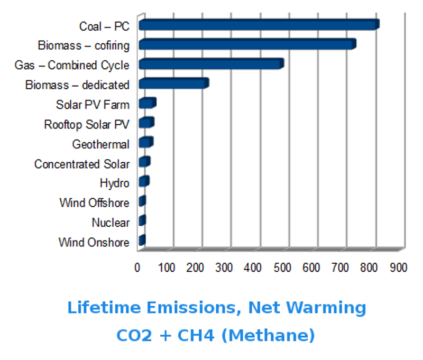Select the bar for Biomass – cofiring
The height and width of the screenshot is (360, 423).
click(247, 44)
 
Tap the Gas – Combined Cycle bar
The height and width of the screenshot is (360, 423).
click(211, 64)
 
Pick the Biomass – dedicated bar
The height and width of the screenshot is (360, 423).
click(173, 84)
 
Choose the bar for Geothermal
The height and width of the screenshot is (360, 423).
click(145, 143)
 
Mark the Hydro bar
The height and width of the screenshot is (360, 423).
click(143, 182)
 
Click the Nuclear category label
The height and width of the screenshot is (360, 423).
click(110, 223)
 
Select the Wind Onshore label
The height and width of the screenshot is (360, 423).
click(94, 243)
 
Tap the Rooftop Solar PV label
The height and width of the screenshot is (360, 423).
click(86, 125)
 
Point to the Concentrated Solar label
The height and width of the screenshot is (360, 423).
click(81, 164)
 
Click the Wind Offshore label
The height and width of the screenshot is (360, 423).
click(94, 203)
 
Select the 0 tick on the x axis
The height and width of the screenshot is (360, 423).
click(137, 267)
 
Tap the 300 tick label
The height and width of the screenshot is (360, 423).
click(224, 267)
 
